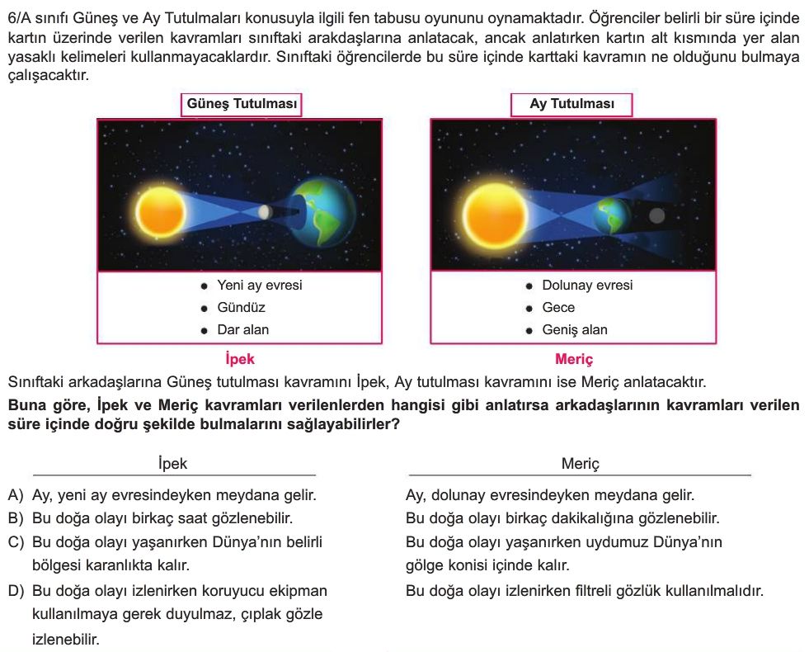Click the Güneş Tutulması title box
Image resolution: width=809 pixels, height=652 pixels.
pyautogui.click(x=241, y=105)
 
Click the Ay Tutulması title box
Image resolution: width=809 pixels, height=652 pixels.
pyautogui.click(x=571, y=105)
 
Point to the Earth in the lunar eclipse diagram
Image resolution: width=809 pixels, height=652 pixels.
pyautogui.click(x=611, y=215)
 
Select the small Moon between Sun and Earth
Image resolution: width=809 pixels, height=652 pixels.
pyautogui.click(x=264, y=212)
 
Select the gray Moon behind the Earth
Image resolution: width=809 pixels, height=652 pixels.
pyautogui.click(x=656, y=216)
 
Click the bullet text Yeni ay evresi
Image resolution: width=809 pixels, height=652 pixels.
pyautogui.click(x=259, y=286)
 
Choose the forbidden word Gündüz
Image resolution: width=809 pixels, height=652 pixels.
pyautogui.click(x=241, y=308)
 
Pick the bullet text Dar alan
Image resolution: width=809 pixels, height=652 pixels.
pyautogui.click(x=242, y=330)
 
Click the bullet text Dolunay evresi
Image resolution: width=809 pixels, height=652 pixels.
pyautogui.click(x=587, y=286)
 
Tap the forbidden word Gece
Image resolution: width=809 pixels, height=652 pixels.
pyautogui.click(x=558, y=308)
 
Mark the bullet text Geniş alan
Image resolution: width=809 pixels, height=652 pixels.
pyautogui.click(x=574, y=330)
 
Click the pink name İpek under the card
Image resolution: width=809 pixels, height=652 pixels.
pyautogui.click(x=240, y=359)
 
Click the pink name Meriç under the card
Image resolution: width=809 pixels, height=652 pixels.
pyautogui.click(x=574, y=359)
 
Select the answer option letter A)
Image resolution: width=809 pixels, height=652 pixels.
pyautogui.click(x=16, y=496)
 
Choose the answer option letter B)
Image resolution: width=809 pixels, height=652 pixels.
pyautogui.click(x=16, y=519)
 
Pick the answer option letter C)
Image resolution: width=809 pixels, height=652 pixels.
pyautogui.click(x=16, y=543)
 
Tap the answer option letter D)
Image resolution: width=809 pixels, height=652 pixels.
pyautogui.click(x=16, y=592)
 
